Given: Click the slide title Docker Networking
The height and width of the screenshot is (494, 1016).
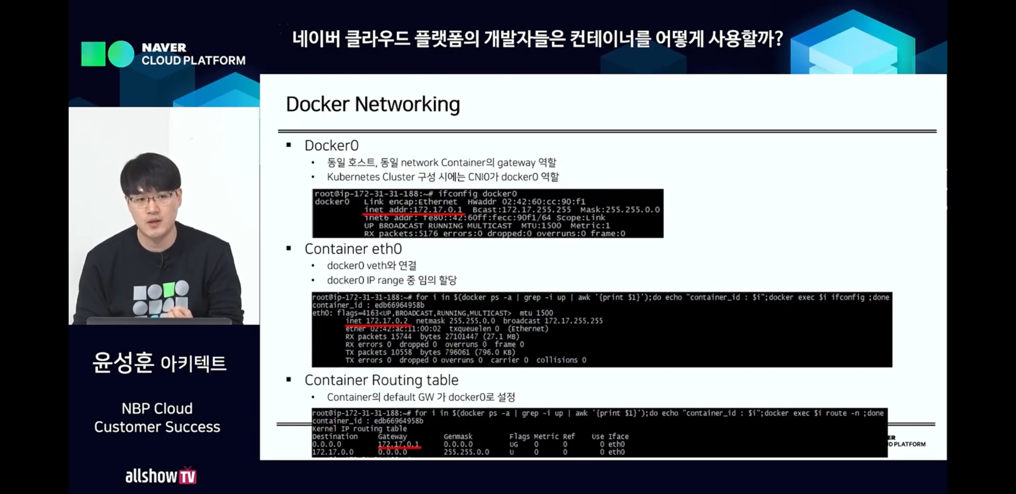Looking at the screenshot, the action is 373,104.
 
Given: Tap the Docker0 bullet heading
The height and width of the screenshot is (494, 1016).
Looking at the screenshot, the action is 331,145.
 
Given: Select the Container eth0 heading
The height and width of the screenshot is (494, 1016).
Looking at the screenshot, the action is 353,249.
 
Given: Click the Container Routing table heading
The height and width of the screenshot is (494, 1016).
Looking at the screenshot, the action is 381,380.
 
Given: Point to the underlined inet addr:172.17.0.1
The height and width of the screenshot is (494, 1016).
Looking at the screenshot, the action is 413,209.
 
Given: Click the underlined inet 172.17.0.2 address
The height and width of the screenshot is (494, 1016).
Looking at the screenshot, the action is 377,321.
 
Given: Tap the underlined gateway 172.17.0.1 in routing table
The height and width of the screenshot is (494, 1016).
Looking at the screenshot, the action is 398,444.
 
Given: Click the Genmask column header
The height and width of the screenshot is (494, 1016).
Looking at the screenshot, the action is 458,436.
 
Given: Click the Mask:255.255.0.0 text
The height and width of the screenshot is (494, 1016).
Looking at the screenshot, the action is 620,209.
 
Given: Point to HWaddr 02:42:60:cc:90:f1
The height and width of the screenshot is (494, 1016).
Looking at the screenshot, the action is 526,202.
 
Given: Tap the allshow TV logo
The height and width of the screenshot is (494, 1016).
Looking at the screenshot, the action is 161,476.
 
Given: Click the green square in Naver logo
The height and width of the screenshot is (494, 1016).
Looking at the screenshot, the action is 93,54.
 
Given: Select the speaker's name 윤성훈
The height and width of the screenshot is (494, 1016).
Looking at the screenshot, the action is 123,363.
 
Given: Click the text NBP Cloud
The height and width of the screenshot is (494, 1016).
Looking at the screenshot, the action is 157,408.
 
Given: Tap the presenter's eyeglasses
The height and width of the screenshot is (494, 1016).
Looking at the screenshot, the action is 151,199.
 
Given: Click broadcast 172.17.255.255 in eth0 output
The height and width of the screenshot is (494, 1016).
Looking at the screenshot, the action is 553,321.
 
